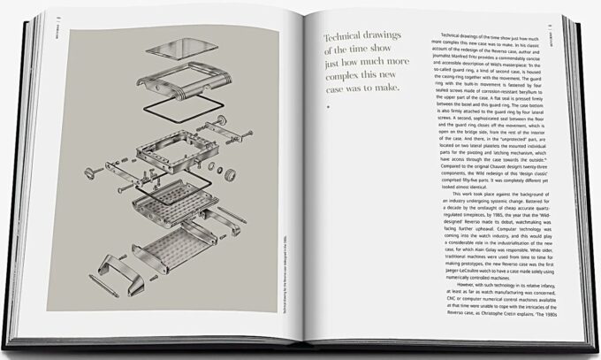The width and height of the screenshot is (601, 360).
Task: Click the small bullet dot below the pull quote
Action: (x=328, y=107)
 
